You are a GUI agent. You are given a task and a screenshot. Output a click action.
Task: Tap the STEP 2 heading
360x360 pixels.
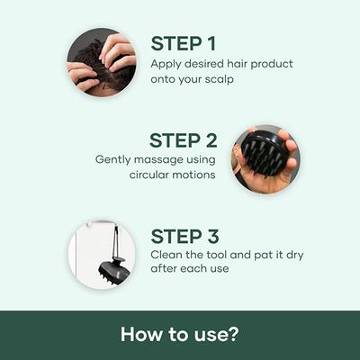coord(184,140)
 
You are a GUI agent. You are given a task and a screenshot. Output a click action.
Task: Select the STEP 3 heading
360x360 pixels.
coord(185,237)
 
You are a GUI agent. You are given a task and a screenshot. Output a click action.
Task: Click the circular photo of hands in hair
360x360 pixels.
coord(101,62)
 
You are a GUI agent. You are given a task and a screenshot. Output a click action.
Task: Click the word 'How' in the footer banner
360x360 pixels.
coord(142,335)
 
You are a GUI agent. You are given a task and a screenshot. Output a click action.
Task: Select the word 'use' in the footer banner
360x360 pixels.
coord(212,335)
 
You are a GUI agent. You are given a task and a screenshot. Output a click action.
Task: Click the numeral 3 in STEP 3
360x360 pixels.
coord(213,237)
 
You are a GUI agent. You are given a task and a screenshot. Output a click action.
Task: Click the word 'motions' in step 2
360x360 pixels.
coord(195,174)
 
